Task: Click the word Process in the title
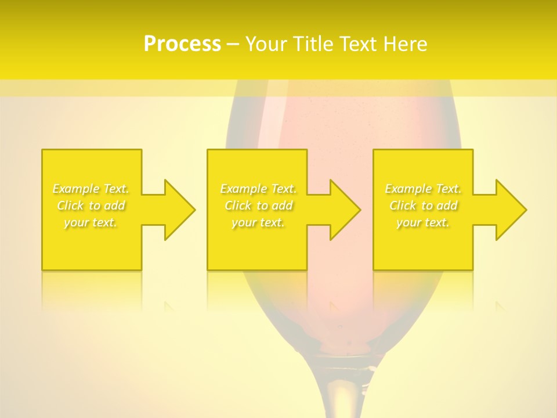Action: coord(182,44)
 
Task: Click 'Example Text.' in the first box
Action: coord(91,189)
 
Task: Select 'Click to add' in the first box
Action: coord(91,206)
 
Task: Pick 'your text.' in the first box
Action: coord(91,222)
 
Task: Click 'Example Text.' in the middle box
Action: coord(258,189)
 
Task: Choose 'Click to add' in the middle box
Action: coord(258,206)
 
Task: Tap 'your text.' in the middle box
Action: coord(258,222)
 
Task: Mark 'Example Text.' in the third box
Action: coord(423,189)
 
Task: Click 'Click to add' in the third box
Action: coord(423,206)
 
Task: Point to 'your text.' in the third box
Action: coord(423,222)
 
